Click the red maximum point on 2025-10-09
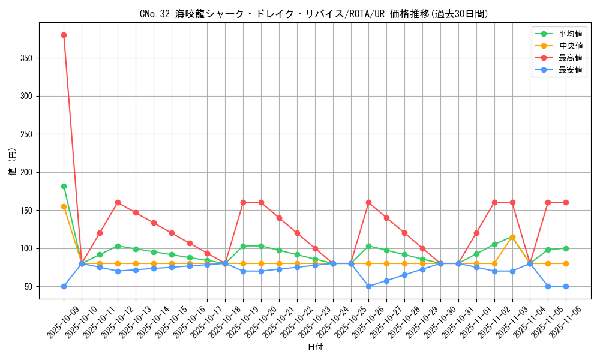[x=64, y=35]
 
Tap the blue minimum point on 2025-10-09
[x=64, y=286]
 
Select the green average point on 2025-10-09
[x=64, y=186]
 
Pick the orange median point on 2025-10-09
[x=64, y=206]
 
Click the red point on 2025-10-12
[x=118, y=202]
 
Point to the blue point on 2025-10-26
[x=368, y=286]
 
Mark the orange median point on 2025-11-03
[x=512, y=237]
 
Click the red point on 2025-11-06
[x=566, y=202]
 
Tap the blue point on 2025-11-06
[x=566, y=286]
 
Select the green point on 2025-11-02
[x=494, y=244]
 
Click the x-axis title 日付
[x=314, y=347]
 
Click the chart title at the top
[x=314, y=14]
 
